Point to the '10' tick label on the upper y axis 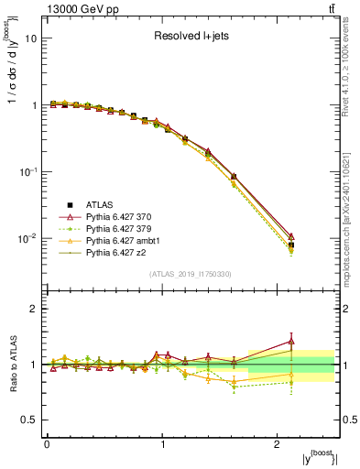(30, 38)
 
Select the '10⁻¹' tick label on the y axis (27, 171)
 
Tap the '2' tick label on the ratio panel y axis (33, 309)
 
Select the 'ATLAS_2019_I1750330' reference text (191, 274)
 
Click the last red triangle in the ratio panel (291, 341)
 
